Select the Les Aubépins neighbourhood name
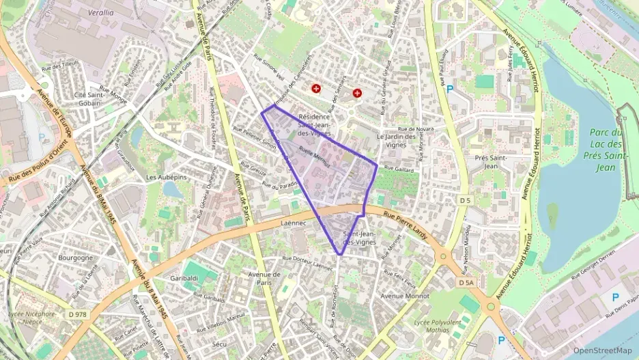point(166,177)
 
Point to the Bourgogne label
point(76,258)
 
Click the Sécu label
point(219,344)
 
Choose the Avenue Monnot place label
point(405,296)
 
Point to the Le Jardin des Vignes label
point(396,140)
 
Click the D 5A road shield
point(466,282)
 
